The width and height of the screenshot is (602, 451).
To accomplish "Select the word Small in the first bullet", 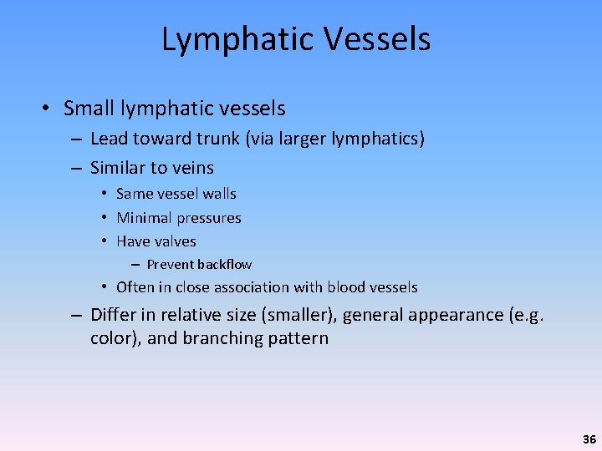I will tap(88, 109).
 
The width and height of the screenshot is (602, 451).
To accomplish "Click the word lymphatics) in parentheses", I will tap(381, 139).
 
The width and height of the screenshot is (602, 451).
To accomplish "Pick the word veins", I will tap(192, 168).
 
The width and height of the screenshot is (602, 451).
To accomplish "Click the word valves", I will tap(176, 241).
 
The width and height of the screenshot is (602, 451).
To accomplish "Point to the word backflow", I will tap(224, 265).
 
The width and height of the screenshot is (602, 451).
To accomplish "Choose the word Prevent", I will tap(170, 265).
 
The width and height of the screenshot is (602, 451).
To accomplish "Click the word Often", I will tap(134, 287).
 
